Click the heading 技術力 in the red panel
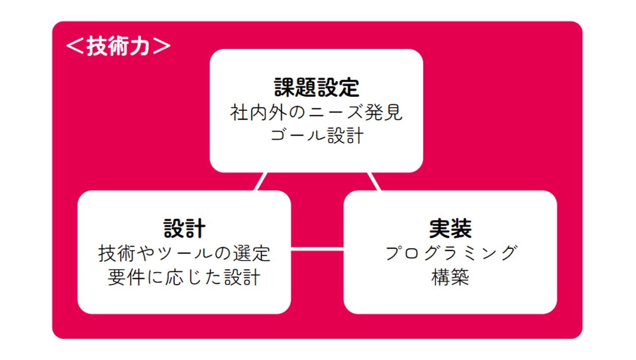point(118,46)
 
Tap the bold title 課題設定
point(317,87)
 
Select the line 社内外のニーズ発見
point(316,112)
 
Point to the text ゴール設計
point(317,136)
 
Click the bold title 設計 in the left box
point(184,228)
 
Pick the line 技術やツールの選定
point(184,253)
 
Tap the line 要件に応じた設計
point(184,277)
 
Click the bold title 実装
point(450,228)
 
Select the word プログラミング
point(451,253)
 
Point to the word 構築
point(450,277)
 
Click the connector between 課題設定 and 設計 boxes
point(261,182)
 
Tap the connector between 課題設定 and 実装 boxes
point(374,182)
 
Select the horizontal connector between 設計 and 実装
point(317,249)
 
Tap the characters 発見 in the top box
point(383,112)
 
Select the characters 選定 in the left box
point(252,253)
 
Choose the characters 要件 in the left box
point(126,277)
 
